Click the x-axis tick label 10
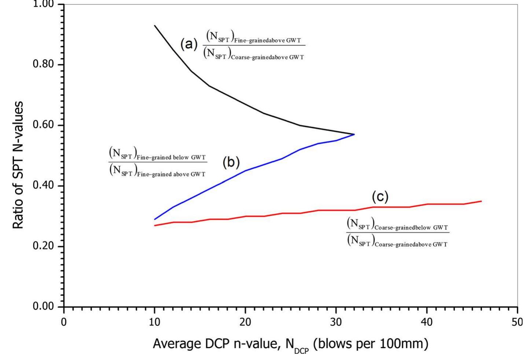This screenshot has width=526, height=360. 155,322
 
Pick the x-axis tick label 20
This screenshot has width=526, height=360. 245,322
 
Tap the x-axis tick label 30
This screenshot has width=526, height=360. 336,322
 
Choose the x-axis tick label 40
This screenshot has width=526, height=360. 427,322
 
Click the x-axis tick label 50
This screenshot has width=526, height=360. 517,322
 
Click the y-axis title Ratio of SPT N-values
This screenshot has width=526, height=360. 18,165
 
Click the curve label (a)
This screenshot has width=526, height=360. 189,44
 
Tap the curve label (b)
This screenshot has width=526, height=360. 231,162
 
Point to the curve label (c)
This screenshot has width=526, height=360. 380,197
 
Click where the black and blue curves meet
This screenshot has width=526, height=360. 354,134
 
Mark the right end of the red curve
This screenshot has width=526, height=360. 481,201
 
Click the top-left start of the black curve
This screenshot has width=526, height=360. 155,26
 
